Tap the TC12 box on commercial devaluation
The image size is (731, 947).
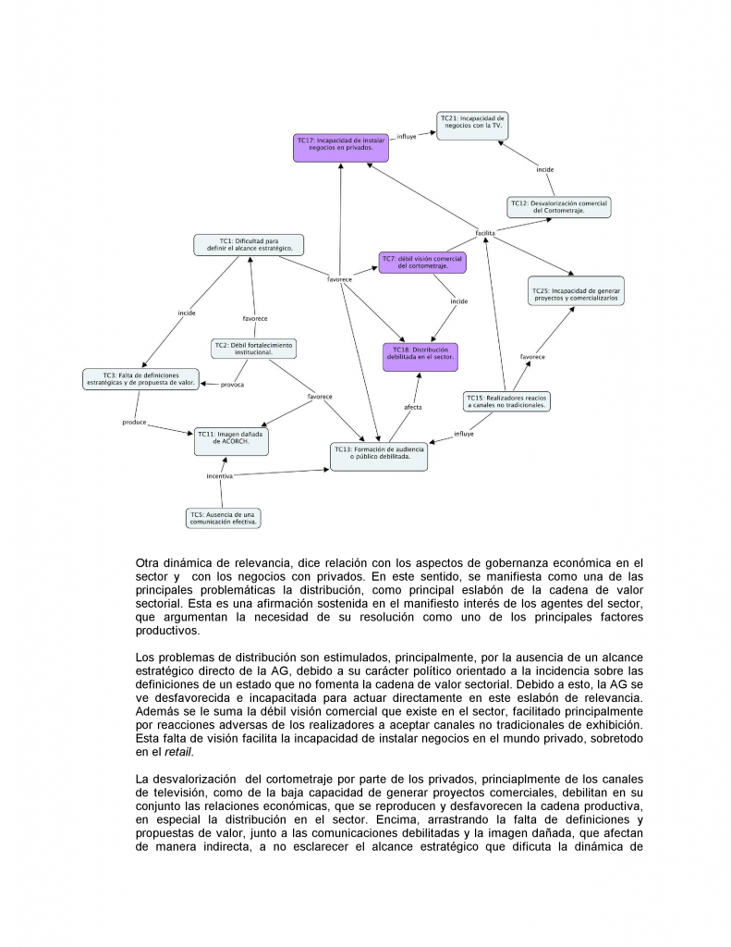click(560, 207)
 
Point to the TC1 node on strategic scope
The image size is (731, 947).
click(249, 245)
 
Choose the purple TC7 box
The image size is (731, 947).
click(422, 262)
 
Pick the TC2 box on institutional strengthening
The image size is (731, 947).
click(253, 349)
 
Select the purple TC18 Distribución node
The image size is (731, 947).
click(420, 356)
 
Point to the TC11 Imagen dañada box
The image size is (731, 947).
click(232, 440)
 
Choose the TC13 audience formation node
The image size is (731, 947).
click(379, 456)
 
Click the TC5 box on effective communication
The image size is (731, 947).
click(223, 518)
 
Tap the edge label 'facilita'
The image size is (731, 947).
click(485, 233)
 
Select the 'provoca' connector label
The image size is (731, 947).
click(232, 384)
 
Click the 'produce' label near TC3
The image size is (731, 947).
click(135, 423)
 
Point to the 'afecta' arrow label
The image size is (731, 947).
click(413, 407)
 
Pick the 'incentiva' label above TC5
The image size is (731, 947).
click(220, 476)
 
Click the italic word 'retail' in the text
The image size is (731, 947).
click(178, 753)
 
